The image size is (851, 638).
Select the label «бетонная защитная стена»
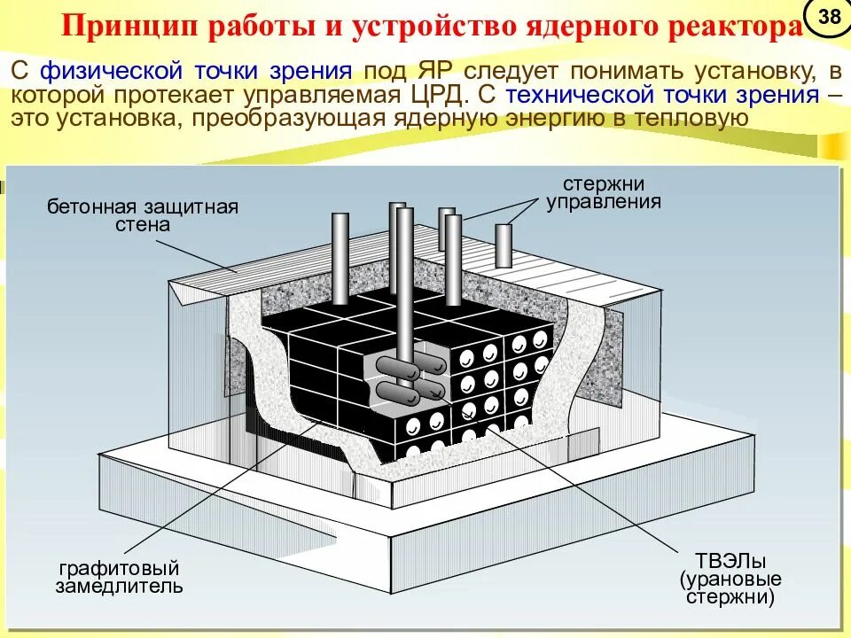(x=143, y=215)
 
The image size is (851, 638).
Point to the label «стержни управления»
(x=604, y=192)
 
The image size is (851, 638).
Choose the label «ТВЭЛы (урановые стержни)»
(x=730, y=579)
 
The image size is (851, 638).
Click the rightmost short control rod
(x=504, y=245)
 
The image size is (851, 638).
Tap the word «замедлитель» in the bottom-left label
(x=120, y=586)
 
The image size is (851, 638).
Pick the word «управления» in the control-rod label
(x=604, y=201)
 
